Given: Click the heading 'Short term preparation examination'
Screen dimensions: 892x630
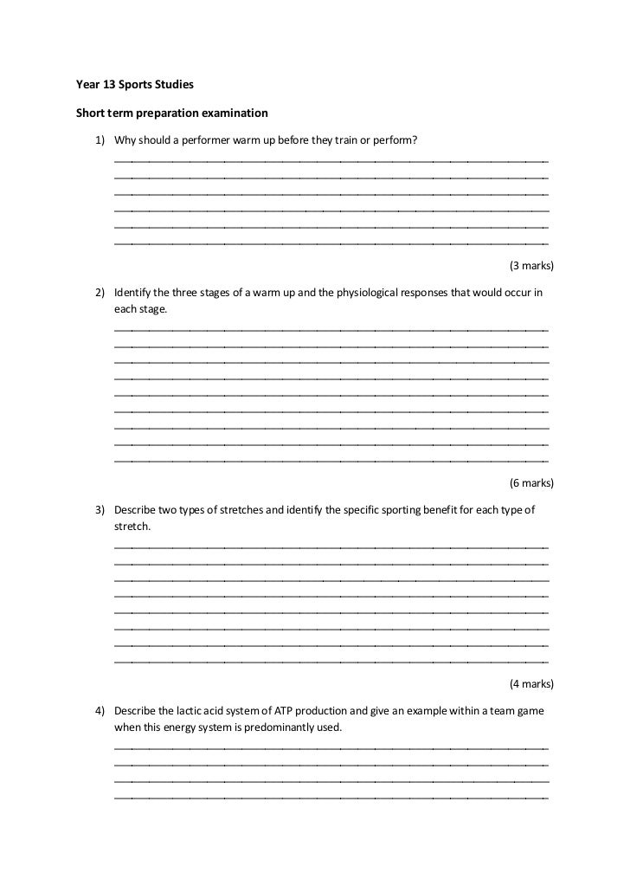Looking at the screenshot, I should click(172, 113).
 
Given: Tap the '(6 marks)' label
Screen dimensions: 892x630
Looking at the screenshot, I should click(531, 482).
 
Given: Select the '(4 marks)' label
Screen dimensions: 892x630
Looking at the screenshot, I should click(531, 684).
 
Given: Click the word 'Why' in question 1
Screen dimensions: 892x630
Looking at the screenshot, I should click(125, 141).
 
